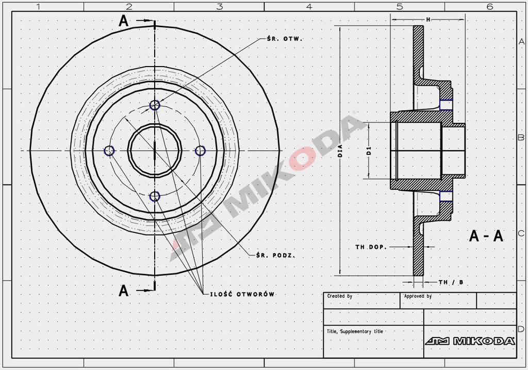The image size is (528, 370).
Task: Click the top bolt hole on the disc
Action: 155,105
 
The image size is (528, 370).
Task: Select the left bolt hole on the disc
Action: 109,150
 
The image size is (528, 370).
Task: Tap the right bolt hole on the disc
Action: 200,150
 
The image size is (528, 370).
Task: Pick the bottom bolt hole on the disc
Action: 155,196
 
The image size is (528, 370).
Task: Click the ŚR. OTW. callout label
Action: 285,39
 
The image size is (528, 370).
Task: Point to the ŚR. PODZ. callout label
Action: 275,255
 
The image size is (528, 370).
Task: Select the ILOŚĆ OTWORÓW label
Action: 242,294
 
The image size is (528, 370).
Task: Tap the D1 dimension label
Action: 369,150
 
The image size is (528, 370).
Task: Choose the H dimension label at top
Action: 428,20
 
